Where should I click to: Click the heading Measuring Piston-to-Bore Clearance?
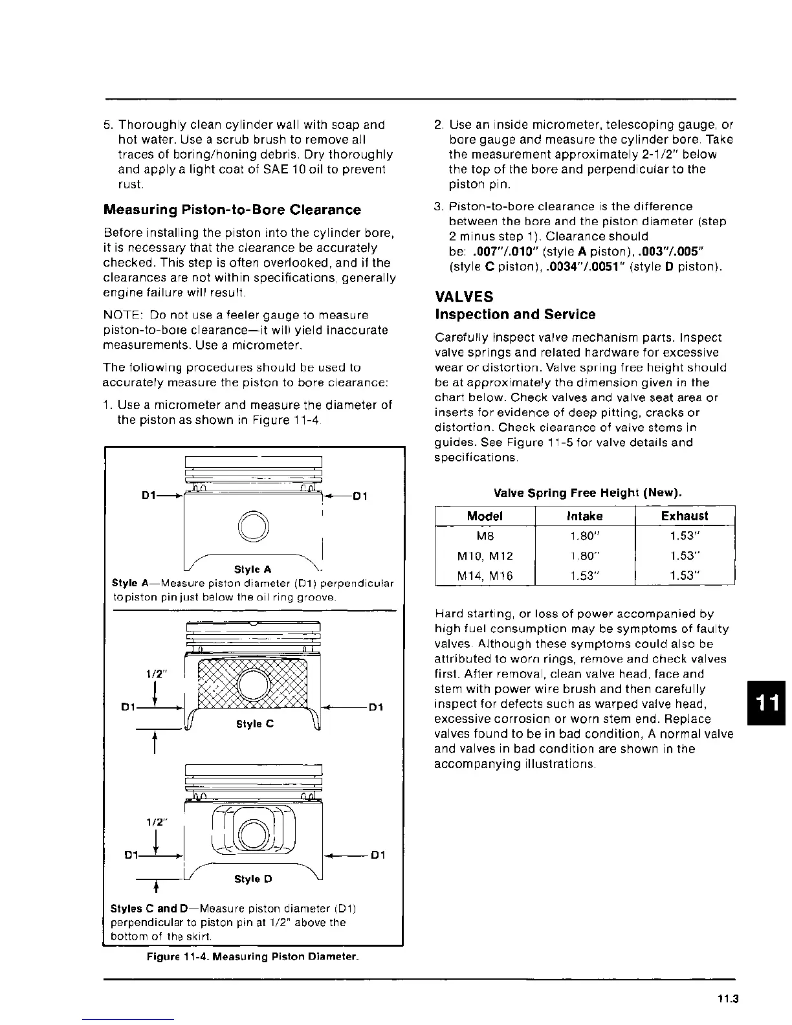(232, 210)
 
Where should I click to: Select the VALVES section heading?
(464, 297)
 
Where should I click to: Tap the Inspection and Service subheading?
(515, 314)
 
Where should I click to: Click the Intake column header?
(584, 516)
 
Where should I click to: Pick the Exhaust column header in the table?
(685, 516)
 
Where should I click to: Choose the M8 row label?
(485, 536)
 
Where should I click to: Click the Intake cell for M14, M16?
(584, 575)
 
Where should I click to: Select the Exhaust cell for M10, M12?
(685, 556)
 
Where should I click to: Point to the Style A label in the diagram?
(252, 569)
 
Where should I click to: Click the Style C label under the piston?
(255, 724)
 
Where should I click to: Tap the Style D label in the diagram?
(253, 879)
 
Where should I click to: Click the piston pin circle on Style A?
(253, 525)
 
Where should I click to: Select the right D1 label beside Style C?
(376, 707)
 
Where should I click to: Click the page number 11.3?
(727, 1000)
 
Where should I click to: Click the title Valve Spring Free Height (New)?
(588, 493)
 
